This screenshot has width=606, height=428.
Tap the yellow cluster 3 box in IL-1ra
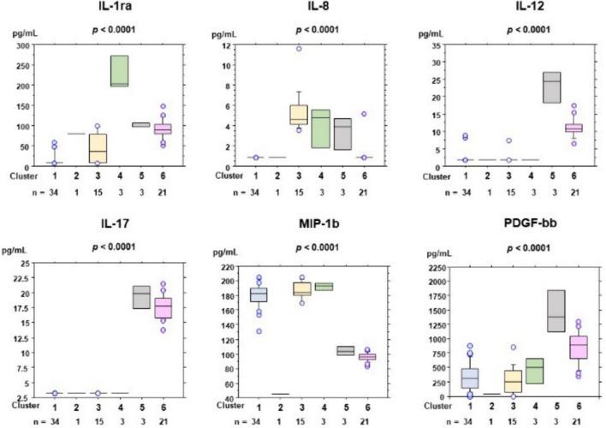[x=98, y=147]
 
